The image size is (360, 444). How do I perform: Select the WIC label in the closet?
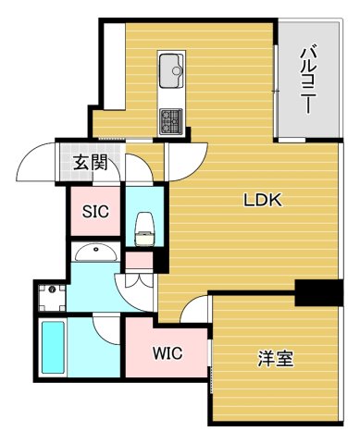167,352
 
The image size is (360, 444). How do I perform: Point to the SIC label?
95,212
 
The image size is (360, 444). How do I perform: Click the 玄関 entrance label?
91,165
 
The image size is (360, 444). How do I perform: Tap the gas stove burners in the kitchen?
172,119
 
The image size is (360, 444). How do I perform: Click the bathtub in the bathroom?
54,347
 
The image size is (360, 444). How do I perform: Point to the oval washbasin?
95,252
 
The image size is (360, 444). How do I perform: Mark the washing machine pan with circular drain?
52,296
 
